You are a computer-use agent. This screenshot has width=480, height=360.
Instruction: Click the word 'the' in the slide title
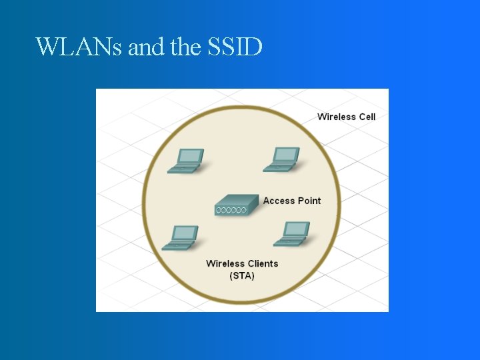point(184,47)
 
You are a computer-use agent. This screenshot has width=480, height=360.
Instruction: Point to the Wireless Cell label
point(346,117)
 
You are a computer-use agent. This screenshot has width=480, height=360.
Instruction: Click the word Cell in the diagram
point(367,117)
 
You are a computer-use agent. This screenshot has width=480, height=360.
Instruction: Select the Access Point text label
point(291,201)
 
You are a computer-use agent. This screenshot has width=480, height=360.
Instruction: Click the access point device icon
point(236,205)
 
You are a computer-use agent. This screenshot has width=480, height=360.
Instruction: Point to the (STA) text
point(242,275)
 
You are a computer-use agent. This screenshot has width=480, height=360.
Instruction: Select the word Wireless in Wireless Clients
point(225,263)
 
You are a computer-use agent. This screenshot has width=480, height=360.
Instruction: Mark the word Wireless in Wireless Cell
point(337,117)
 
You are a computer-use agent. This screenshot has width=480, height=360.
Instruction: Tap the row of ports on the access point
point(231,211)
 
